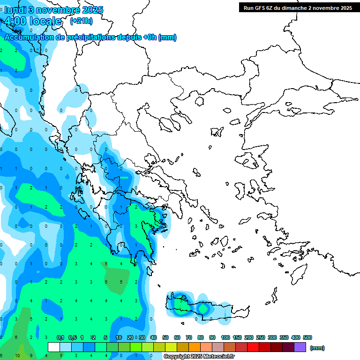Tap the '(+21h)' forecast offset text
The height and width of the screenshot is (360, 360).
[81, 21]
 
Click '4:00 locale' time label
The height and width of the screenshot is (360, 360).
[32, 21]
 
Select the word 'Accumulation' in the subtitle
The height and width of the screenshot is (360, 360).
[30, 37]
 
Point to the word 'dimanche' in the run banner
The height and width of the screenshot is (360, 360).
[295, 8]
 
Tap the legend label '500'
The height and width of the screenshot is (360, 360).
[307, 337]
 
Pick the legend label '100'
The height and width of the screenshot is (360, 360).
[225, 337]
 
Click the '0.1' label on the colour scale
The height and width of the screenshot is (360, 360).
[60, 337]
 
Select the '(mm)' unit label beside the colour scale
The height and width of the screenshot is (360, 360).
[317, 348]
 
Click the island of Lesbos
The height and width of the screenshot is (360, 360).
[249, 160]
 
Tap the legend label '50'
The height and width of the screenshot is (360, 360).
[165, 337]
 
